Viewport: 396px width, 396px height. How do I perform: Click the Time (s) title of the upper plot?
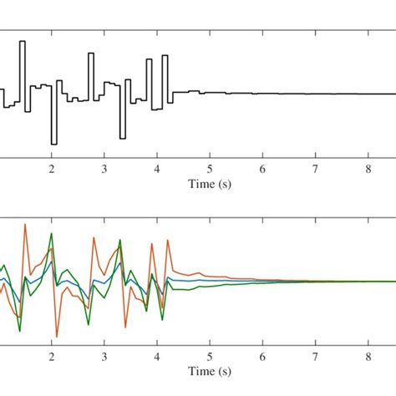(210, 183)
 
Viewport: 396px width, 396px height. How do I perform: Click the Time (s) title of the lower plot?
(210, 370)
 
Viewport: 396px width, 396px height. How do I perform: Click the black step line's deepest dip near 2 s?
(53, 144)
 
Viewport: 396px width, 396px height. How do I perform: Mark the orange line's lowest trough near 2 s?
(57, 336)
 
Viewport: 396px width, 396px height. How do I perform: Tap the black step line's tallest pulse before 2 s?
(23, 42)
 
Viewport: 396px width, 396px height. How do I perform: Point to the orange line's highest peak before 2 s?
(26, 224)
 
